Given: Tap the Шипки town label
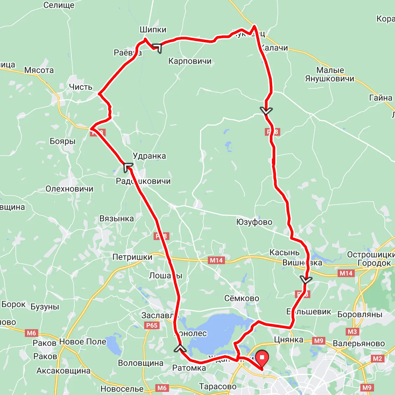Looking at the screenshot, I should point(153,30).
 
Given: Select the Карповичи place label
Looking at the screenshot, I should point(190,61).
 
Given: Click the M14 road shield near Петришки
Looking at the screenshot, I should point(216,260).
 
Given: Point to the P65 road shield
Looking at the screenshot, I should point(152,325).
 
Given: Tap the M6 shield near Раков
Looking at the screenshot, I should point(31,333).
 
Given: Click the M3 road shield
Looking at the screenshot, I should point(352,331).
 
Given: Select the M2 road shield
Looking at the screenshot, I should point(378,358).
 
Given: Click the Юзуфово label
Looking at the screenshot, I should point(254,222).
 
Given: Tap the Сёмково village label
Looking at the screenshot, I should point(242,298).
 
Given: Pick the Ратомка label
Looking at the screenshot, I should point(189,368).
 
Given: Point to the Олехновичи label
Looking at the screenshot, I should point(70,189).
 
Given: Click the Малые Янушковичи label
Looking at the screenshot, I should point(330,75).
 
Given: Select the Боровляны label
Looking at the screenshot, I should point(360,314).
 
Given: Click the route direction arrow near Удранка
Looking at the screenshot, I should point(128,167).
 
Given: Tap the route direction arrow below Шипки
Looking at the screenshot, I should point(157,48).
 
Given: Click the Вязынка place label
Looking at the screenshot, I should point(117,219).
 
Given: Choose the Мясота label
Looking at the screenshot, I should point(39,70).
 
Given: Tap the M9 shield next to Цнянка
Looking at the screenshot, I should point(319,340).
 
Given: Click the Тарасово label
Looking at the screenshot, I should point(218,386).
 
